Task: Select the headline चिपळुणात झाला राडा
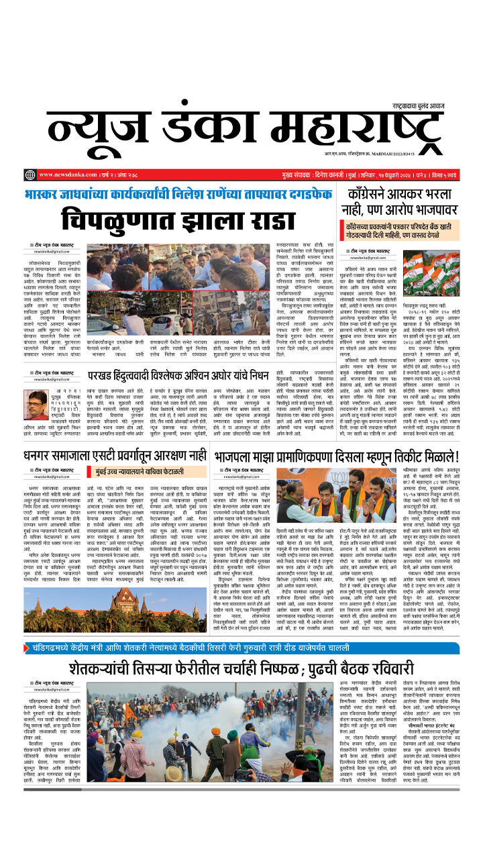[178, 219]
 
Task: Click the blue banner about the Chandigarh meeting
[241, 648]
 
